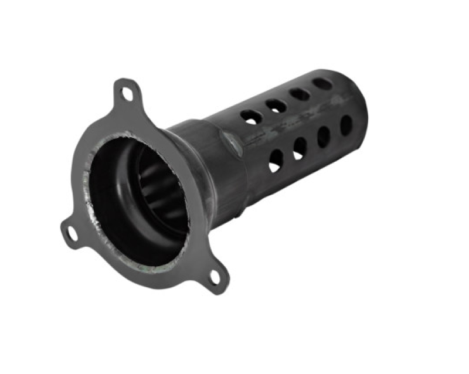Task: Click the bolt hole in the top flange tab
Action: point(125,92)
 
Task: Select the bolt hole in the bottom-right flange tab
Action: point(215,276)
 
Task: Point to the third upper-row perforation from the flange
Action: point(300,94)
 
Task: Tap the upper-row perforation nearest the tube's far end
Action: point(322,83)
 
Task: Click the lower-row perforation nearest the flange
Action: point(275,161)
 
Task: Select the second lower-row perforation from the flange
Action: point(300,148)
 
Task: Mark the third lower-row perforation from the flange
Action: point(324,137)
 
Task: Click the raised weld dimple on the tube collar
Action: point(230,141)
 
